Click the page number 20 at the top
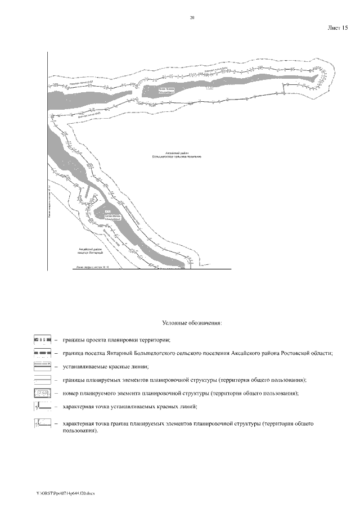pyautogui.click(x=192, y=18)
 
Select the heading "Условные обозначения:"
pyautogui.click(x=192, y=323)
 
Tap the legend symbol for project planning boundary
pyautogui.click(x=43, y=340)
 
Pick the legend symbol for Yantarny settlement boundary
pyautogui.click(x=43, y=353)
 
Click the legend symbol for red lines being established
pyautogui.click(x=43, y=366)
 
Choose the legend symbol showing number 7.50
pyautogui.click(x=43, y=393)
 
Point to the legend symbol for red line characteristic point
pyautogui.click(x=43, y=406)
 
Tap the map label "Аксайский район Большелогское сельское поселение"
pyautogui.click(x=177, y=154)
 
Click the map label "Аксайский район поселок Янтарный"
pyautogui.click(x=82, y=251)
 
